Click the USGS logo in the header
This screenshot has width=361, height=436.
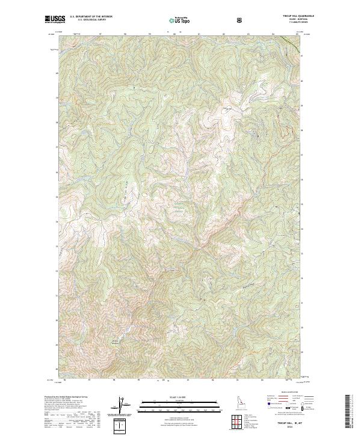(54, 20)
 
